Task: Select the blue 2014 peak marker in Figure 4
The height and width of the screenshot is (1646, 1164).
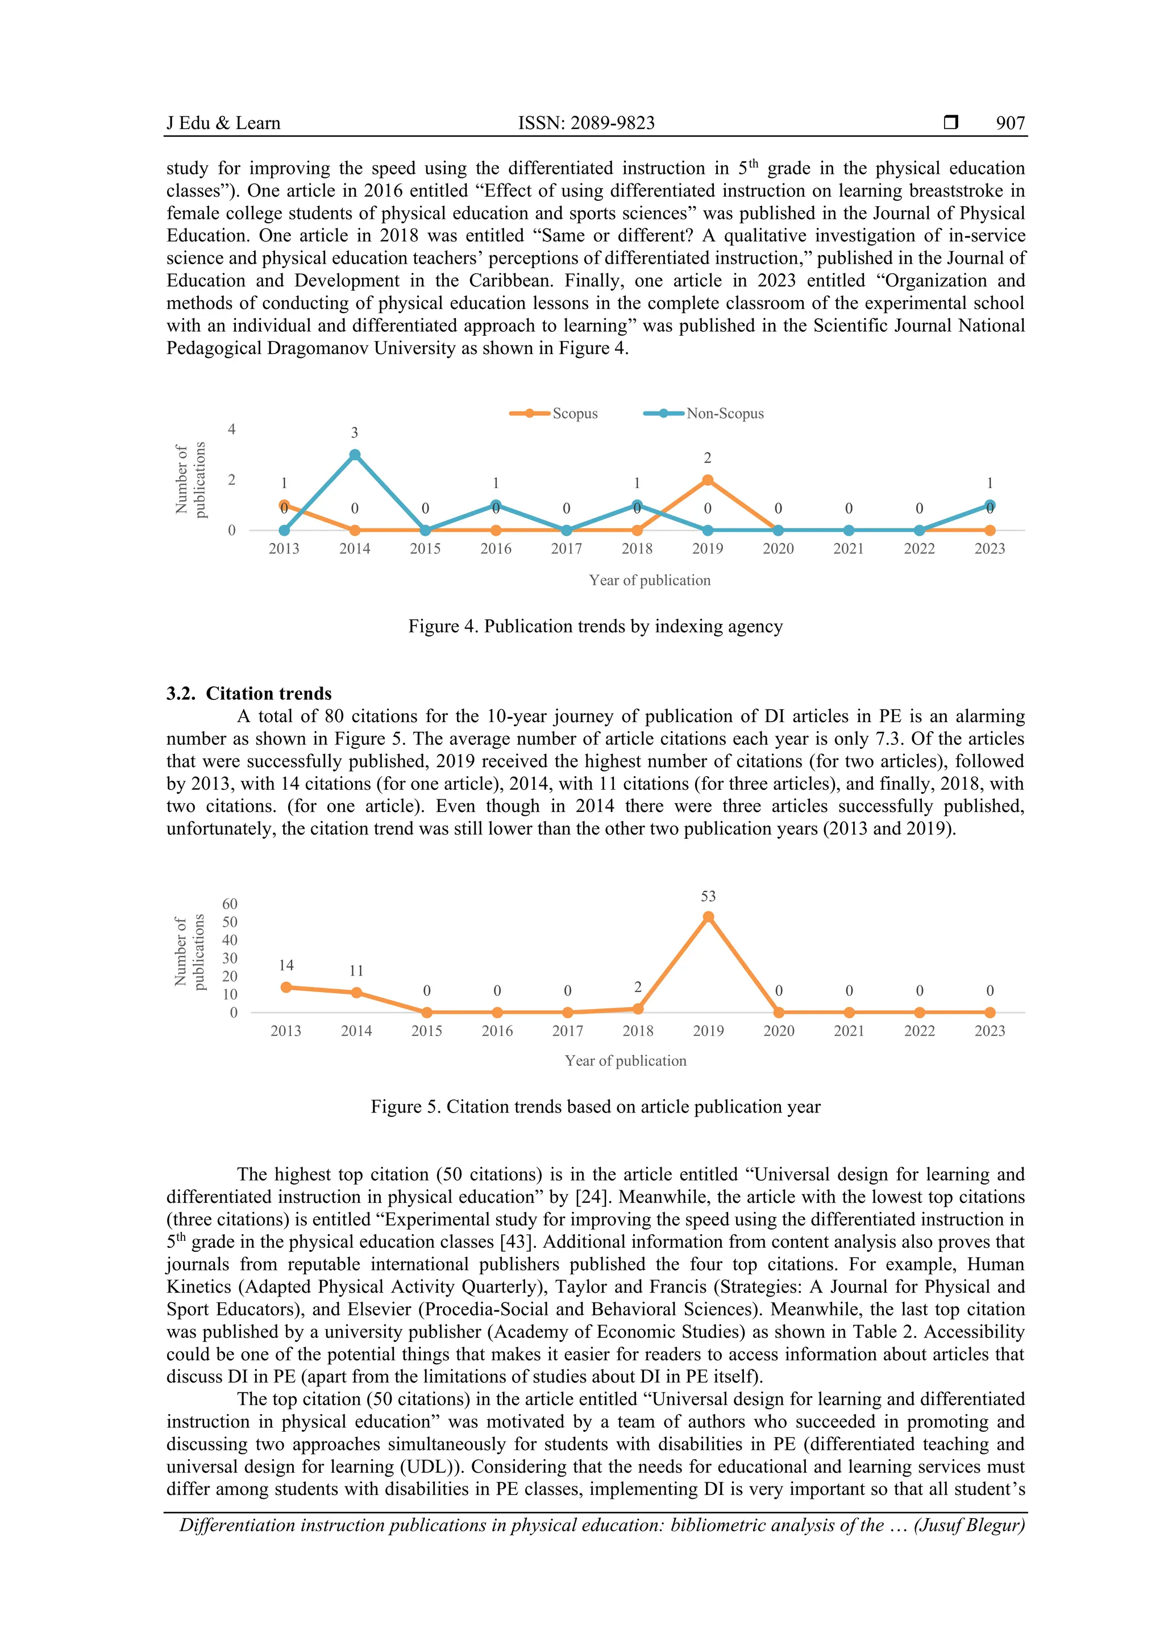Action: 354,455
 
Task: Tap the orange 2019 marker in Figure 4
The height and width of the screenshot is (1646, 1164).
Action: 707,480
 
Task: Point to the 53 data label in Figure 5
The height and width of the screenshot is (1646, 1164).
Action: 708,896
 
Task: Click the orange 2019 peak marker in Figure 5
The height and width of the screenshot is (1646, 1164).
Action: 708,917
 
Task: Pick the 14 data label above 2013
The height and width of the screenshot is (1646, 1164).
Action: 285,965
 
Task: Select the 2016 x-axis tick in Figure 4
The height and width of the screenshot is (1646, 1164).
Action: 496,548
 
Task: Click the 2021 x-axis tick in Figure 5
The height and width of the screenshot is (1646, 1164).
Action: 849,1031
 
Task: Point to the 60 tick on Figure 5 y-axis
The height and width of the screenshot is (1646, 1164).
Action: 230,903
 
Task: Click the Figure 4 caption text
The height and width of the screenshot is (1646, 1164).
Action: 595,626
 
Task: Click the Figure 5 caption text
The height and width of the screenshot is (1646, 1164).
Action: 595,1106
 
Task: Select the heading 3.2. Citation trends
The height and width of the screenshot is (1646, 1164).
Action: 249,693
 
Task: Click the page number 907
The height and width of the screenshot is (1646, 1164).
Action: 1010,123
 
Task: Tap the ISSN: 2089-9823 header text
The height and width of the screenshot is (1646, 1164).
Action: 586,123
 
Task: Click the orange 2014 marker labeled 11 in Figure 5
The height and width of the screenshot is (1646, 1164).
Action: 356,993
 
